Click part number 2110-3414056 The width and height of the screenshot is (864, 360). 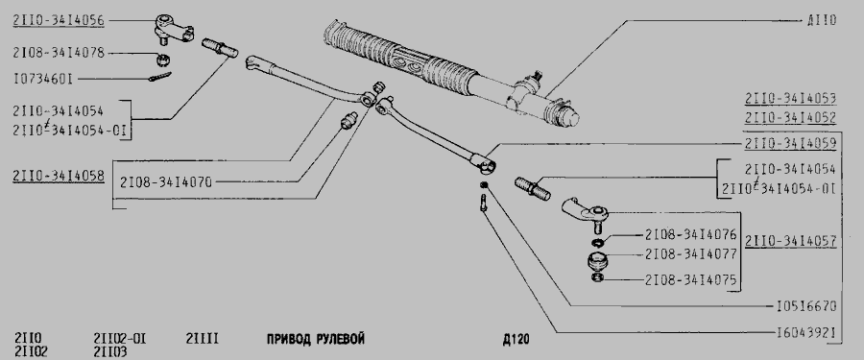[x=59, y=21]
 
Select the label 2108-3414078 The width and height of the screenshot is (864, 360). [x=59, y=53]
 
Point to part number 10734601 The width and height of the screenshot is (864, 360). [x=43, y=80]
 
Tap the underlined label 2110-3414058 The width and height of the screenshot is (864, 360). [x=59, y=177]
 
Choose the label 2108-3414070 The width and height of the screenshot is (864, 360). [x=165, y=181]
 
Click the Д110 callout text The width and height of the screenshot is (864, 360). [x=822, y=21]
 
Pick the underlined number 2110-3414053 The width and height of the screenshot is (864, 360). [x=791, y=99]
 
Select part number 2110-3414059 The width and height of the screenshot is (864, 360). [x=791, y=144]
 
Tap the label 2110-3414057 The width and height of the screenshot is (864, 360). [x=791, y=242]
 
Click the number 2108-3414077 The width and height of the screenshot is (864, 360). [x=690, y=254]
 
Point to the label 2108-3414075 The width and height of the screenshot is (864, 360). [x=690, y=279]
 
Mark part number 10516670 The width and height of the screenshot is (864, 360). [x=806, y=306]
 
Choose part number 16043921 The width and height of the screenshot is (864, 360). [x=806, y=332]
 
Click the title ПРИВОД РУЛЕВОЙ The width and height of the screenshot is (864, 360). [x=316, y=339]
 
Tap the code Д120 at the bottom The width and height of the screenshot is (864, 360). [x=516, y=339]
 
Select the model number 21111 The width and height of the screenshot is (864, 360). [x=203, y=339]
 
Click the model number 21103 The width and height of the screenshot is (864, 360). [x=110, y=351]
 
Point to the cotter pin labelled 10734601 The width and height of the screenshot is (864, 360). [x=159, y=77]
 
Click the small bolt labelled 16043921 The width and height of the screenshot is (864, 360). [x=483, y=203]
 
